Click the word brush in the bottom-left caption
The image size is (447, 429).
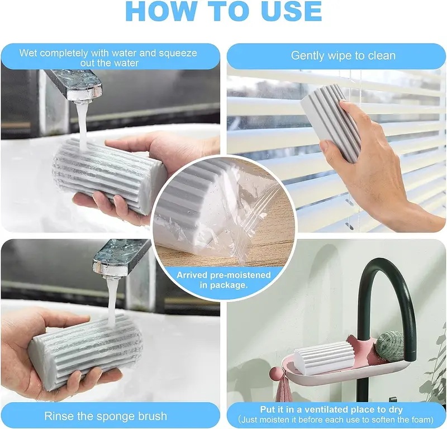152,416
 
